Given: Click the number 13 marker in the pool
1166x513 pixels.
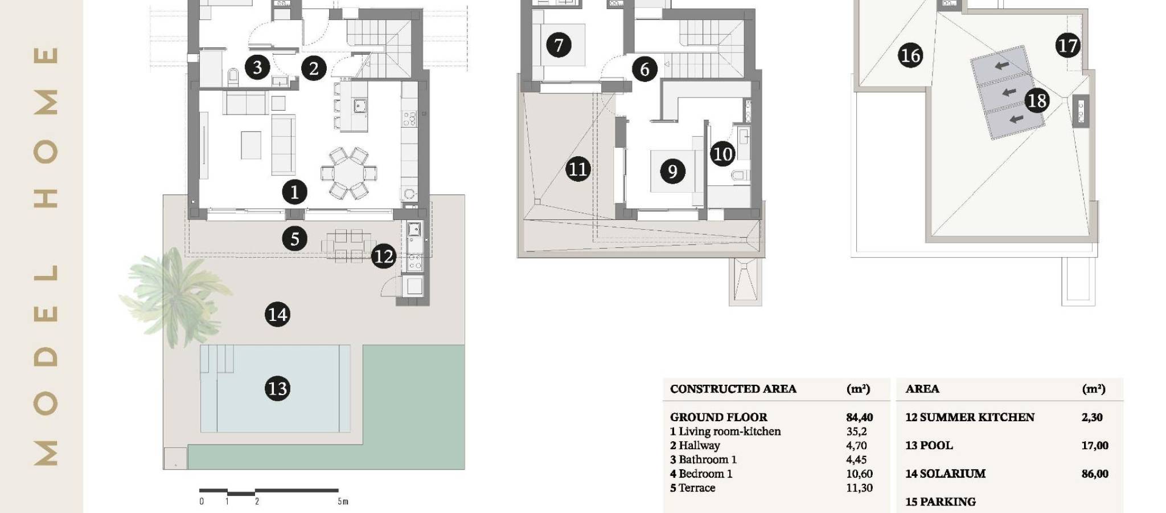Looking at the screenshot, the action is (277, 389).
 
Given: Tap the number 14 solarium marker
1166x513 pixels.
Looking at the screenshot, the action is (277, 315).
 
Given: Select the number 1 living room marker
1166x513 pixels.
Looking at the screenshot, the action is (294, 192).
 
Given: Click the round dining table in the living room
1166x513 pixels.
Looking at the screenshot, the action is (348, 173).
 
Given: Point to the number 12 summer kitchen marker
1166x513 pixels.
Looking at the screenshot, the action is (383, 256).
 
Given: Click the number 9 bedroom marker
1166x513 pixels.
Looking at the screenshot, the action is (672, 171).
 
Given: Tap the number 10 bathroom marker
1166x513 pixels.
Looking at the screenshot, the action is (722, 154).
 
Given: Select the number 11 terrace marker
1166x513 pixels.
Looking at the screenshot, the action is (578, 169).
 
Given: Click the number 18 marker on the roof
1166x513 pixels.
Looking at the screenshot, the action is (1037, 101).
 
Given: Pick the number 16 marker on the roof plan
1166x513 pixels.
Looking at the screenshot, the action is (910, 55).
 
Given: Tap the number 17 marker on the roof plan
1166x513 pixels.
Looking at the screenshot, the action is (1068, 46).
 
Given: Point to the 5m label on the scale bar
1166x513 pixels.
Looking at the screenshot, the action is (342, 502).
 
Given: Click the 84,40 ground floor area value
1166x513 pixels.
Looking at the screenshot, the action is (859, 417).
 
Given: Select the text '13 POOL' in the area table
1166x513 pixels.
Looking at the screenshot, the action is (929, 445).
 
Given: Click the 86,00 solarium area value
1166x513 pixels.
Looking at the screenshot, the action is (1095, 474).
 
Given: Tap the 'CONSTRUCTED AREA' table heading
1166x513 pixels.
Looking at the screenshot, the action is (733, 389).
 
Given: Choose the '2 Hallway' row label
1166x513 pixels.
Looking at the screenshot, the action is (695, 446).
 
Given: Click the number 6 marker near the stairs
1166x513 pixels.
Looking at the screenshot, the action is (644, 69).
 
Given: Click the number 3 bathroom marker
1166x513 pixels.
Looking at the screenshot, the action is (257, 67).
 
